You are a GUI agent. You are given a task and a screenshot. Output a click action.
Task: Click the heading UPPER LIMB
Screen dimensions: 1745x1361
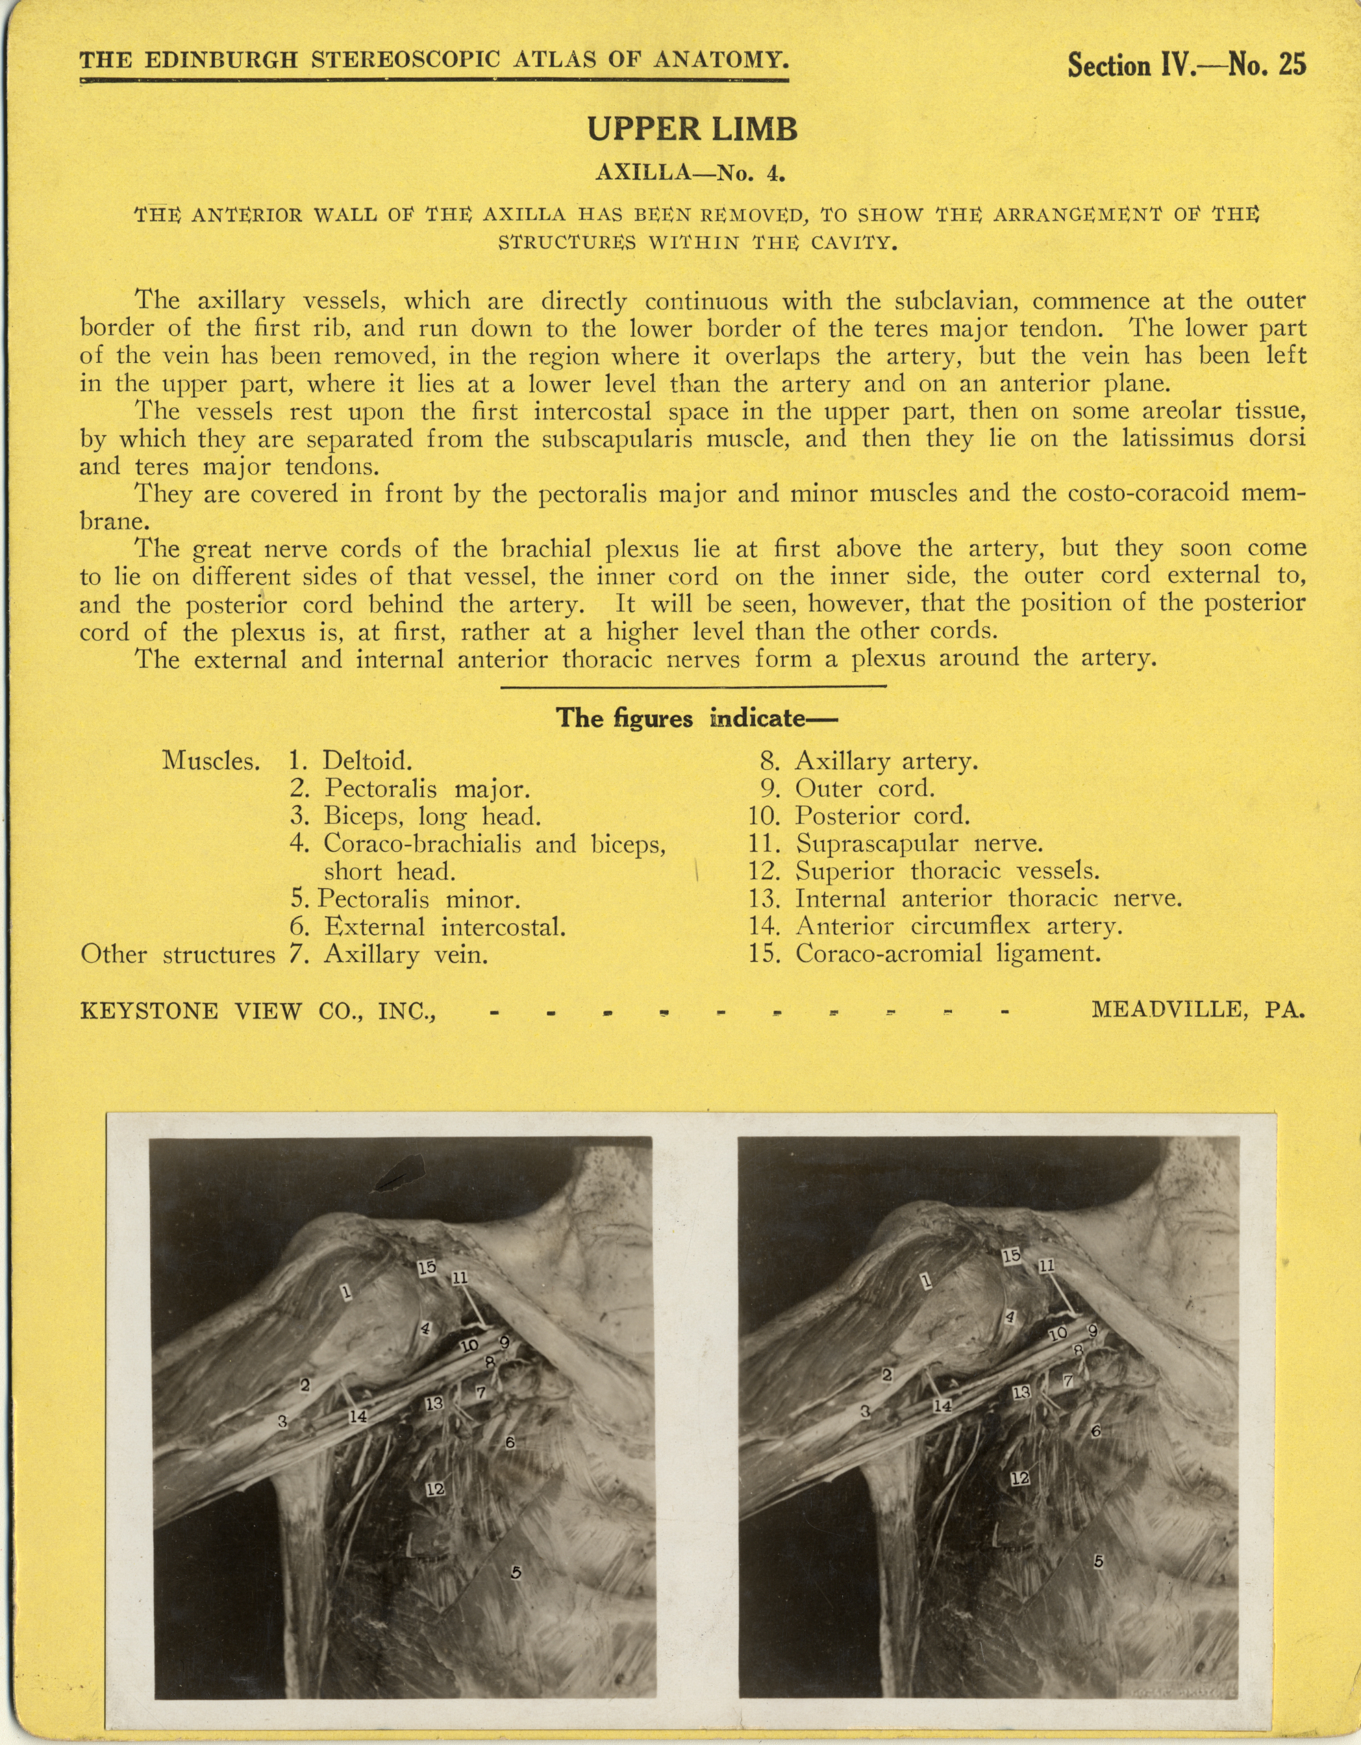pos(692,129)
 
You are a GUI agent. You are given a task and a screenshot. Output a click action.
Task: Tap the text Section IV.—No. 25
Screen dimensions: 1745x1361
pos(1187,65)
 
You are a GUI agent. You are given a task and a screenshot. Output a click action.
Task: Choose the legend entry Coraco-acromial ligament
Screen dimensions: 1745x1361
pos(925,953)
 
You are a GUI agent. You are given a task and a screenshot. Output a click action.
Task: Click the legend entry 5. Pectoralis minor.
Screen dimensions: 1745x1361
pos(406,900)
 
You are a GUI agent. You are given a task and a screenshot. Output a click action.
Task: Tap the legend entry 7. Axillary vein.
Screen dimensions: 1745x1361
pos(388,955)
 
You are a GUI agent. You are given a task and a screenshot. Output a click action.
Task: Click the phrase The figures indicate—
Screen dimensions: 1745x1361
pos(696,718)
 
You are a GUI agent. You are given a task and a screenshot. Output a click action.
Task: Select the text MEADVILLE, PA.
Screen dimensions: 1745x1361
pos(1198,1010)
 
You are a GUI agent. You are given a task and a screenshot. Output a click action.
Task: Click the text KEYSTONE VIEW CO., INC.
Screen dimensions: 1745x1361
pos(257,1011)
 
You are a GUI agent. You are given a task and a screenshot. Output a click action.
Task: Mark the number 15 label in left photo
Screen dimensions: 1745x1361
pos(427,1267)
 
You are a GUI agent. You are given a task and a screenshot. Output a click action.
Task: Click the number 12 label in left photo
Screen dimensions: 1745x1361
pos(435,1489)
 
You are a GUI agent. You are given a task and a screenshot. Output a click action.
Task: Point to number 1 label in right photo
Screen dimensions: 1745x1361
pos(925,1281)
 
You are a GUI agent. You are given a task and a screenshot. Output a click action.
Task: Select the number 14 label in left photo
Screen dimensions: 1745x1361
pos(357,1416)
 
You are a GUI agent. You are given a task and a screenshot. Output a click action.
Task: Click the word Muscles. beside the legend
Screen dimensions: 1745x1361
pos(211,760)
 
